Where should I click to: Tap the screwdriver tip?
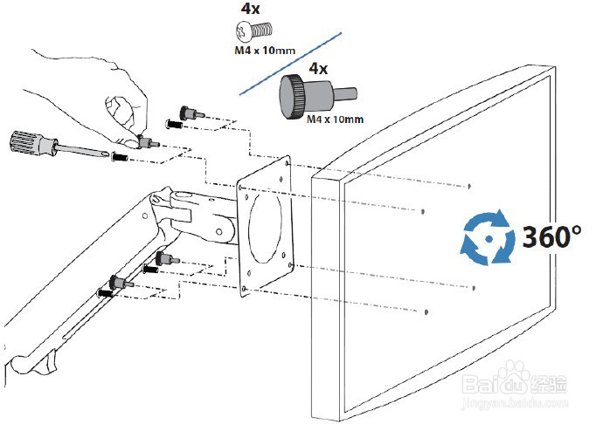tap(108, 154)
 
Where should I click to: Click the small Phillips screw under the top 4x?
tap(253, 31)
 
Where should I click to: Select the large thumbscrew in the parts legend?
tap(317, 97)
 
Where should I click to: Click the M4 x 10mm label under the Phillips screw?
tap(265, 50)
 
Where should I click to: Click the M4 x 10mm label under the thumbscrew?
tap(335, 119)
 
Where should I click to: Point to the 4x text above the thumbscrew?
tap(318, 69)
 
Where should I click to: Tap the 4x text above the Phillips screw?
tap(250, 10)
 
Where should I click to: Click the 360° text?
tap(551, 236)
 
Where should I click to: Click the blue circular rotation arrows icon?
tap(488, 237)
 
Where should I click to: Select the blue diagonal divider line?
tap(290, 64)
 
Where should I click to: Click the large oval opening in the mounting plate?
tap(265, 229)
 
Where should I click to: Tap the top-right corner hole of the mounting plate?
tap(287, 163)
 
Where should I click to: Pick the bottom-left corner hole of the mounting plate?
tap(244, 289)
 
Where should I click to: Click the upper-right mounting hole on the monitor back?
tap(469, 187)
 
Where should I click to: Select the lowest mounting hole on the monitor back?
tap(426, 312)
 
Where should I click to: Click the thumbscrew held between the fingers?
tap(148, 142)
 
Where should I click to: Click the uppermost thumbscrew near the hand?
tap(191, 113)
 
